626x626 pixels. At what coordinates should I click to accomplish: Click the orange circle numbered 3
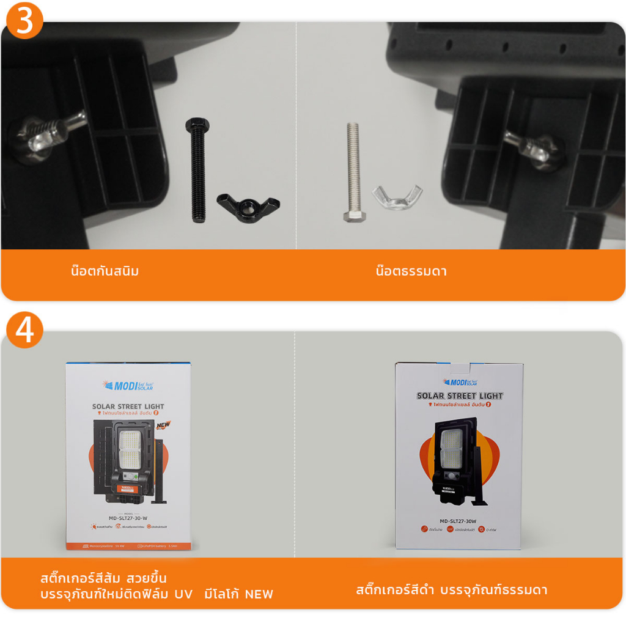click(24, 23)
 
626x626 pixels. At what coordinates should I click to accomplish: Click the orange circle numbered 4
click(24, 331)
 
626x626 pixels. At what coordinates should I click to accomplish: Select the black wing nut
click(248, 207)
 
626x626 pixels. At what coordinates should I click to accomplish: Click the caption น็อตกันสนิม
click(105, 271)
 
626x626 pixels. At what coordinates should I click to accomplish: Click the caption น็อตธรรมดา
click(411, 271)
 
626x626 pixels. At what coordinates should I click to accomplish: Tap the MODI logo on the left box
click(128, 386)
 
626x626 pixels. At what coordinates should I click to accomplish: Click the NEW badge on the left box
click(163, 425)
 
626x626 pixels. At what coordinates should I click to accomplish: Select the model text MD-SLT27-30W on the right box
click(458, 521)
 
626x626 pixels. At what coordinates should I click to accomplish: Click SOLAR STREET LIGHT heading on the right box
click(460, 396)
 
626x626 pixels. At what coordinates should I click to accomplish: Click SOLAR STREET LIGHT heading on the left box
click(128, 406)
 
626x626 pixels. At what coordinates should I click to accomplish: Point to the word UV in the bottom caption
click(184, 594)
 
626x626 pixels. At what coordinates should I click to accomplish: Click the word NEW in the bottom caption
click(259, 594)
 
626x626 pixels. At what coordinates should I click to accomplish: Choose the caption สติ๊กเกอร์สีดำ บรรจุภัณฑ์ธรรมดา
click(452, 590)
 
